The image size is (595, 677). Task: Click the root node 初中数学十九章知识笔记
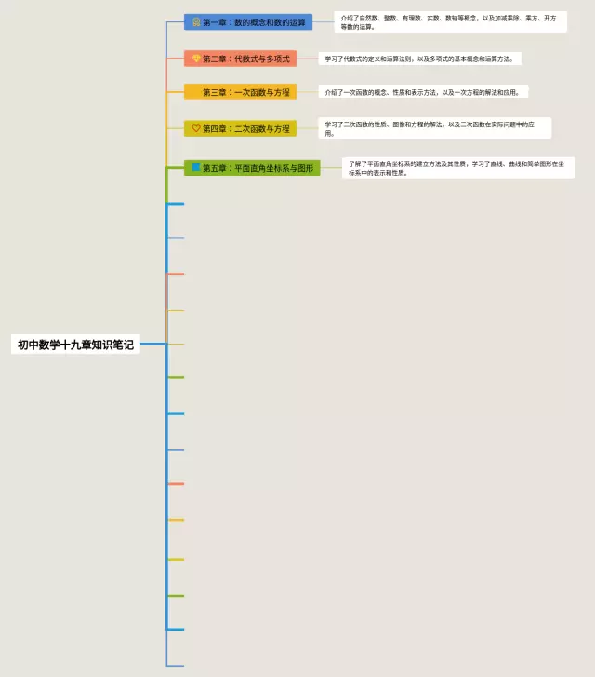coord(75,345)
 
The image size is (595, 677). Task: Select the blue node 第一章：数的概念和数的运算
coord(248,21)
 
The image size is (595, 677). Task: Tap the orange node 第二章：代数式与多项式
coord(240,59)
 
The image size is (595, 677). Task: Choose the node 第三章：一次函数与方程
coord(240,92)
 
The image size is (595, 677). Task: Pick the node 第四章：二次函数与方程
coord(240,128)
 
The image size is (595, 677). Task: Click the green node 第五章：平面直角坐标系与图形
coord(252,168)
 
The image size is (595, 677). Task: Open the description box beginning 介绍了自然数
coord(450,21)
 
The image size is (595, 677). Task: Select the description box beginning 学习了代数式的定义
coord(421,59)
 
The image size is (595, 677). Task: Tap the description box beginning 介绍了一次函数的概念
coord(423,92)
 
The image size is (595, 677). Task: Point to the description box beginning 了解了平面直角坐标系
coord(458,168)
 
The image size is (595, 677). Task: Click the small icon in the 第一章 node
coord(196,21)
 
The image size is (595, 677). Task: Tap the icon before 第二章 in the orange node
coord(196,59)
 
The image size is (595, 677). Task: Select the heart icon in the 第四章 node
coord(196,128)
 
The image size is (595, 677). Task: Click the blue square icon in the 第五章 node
coord(196,167)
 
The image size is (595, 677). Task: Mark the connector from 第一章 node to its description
coord(323,21)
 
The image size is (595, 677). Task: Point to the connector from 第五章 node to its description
coord(331,168)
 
